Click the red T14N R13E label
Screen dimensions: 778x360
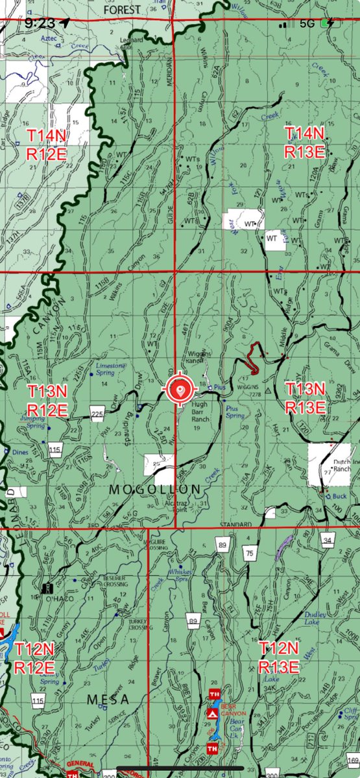tap(305, 142)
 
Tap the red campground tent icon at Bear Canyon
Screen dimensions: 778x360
tap(212, 713)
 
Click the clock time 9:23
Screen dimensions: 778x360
tap(39, 23)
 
